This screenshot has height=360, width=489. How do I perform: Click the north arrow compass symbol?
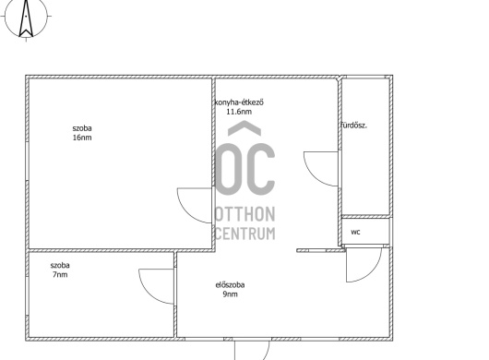[x=26, y=18]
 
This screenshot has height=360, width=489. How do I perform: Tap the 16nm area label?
[x=82, y=138]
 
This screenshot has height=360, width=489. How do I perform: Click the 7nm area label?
[x=60, y=275]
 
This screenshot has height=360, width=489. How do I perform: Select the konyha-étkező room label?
[x=239, y=102]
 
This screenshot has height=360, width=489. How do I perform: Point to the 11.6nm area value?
[x=239, y=112]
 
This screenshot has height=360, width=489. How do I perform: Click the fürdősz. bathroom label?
[x=353, y=126]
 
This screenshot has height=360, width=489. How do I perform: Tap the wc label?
[x=355, y=232]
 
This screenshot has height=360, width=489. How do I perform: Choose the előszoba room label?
[x=230, y=285]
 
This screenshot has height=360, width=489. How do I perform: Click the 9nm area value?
[x=230, y=294]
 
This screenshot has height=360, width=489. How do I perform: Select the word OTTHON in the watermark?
[x=245, y=214]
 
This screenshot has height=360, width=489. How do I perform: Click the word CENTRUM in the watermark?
[x=245, y=234]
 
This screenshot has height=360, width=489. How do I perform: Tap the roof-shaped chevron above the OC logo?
[x=244, y=128]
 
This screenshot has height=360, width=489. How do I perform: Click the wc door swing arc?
[x=374, y=274]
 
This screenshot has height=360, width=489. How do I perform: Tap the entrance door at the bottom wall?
[x=252, y=350]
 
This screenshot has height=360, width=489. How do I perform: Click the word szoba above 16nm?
[x=82, y=128]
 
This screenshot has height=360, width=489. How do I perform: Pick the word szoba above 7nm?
[x=60, y=266]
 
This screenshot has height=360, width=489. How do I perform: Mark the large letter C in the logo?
[x=260, y=170]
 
